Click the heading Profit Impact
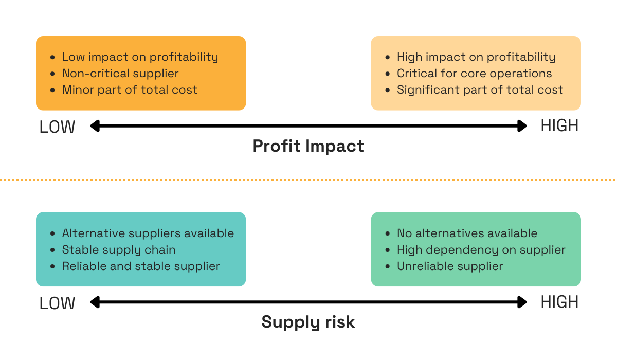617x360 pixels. (308, 146)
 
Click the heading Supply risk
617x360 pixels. (308, 322)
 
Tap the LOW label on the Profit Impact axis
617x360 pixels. (57, 127)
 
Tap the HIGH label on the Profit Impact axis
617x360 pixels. (559, 125)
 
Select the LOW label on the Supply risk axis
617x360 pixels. (57, 303)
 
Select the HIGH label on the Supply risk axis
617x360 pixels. (559, 302)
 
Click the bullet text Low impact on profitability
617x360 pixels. (140, 57)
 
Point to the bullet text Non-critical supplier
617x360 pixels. (120, 74)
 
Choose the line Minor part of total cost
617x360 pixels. (130, 90)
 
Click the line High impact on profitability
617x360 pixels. (476, 57)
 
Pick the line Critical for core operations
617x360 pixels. (474, 74)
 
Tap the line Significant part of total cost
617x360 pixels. (480, 90)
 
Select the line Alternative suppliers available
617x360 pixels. (148, 233)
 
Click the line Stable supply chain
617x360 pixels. (119, 250)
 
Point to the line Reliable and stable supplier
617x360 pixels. (141, 266)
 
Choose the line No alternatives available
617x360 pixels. (467, 233)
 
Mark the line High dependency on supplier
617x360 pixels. (481, 250)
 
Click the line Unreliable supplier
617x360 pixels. (450, 266)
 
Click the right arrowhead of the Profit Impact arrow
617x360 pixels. (522, 126)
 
